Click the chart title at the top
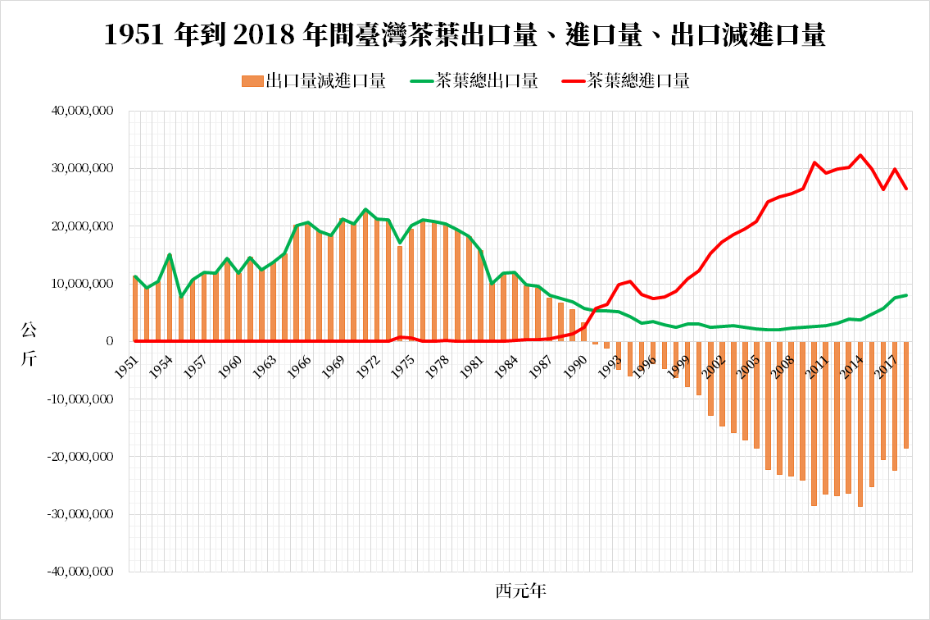(x=465, y=35)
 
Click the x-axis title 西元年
(x=520, y=590)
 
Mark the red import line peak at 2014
(x=860, y=155)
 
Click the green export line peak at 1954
(x=170, y=254)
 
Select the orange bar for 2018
(x=906, y=395)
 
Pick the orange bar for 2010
(x=814, y=423)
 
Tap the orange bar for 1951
(x=135, y=309)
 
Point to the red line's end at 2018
(x=906, y=189)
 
